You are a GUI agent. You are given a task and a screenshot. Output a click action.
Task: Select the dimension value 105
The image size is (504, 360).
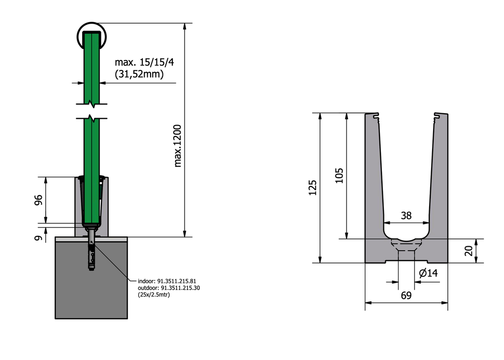(339, 175)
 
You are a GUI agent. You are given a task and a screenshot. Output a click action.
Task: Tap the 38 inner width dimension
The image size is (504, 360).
(407, 215)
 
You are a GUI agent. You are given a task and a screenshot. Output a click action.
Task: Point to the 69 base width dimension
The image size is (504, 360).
(406, 296)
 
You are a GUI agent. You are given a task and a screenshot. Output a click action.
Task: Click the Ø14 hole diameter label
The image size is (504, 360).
(428, 273)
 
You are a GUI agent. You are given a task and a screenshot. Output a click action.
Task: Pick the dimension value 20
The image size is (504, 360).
(469, 251)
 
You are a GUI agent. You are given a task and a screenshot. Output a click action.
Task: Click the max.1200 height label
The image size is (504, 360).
(178, 145)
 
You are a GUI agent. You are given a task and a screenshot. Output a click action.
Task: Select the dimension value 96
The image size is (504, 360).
(39, 200)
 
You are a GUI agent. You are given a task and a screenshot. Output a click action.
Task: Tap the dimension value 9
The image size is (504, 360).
(39, 238)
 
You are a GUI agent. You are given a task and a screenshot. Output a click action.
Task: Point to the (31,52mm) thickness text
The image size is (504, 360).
(139, 74)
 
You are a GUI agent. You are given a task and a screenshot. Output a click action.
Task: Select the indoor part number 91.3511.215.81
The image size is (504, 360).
(167, 281)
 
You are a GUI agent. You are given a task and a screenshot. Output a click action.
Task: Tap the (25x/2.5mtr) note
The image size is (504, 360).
(154, 295)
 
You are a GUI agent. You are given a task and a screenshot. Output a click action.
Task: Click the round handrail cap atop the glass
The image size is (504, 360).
(92, 35)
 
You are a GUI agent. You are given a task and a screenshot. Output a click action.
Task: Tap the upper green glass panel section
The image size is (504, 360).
(92, 69)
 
